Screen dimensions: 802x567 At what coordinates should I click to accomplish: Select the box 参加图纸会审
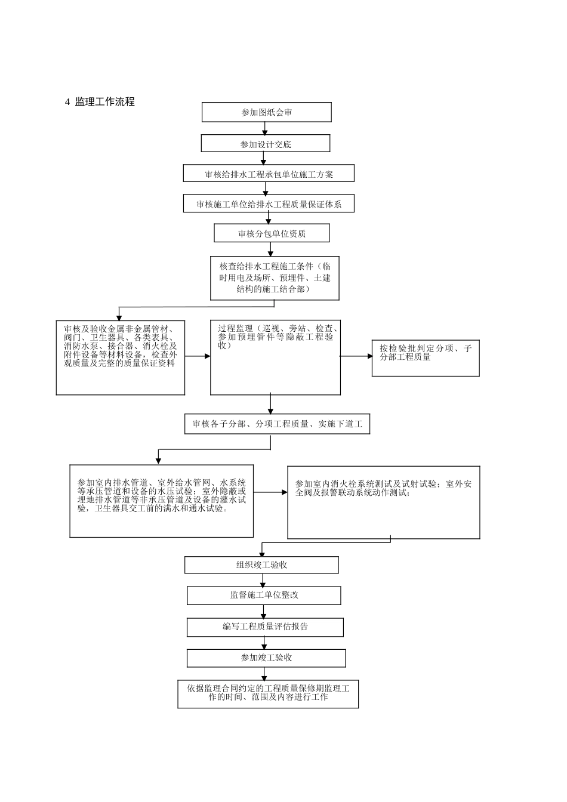[x=266, y=112]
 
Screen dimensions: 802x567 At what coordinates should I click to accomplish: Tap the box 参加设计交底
[x=266, y=144]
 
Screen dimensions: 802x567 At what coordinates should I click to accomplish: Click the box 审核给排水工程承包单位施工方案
[x=269, y=174]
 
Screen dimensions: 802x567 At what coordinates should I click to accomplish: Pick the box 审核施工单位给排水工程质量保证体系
[x=269, y=203]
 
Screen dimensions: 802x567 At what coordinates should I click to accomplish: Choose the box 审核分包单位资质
[x=272, y=233]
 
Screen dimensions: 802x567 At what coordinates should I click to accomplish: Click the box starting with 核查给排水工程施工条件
[x=275, y=278]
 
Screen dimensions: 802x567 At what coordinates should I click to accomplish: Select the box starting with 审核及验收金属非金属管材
[x=121, y=357]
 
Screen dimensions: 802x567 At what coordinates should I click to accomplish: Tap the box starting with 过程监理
[x=275, y=357]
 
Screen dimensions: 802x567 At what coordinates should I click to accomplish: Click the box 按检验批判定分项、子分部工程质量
[x=426, y=358]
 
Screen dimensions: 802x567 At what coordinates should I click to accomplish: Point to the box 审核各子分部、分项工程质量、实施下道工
[x=277, y=424]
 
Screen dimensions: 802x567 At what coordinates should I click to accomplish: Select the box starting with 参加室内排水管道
[x=162, y=501]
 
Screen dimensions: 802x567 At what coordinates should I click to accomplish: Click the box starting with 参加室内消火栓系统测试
[x=384, y=502]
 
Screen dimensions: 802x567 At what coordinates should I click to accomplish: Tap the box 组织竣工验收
[x=261, y=565]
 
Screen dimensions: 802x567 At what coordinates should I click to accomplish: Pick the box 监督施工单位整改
[x=264, y=596]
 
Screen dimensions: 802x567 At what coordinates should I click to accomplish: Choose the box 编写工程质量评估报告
[x=265, y=627]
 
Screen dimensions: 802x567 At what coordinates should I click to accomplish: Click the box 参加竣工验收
[x=266, y=658]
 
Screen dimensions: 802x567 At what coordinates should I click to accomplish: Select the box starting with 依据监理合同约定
[x=268, y=693]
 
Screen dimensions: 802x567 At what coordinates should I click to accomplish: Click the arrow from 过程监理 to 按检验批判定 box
[x=356, y=356]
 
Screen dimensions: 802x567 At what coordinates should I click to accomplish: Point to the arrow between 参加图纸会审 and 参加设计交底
[x=264, y=128]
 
